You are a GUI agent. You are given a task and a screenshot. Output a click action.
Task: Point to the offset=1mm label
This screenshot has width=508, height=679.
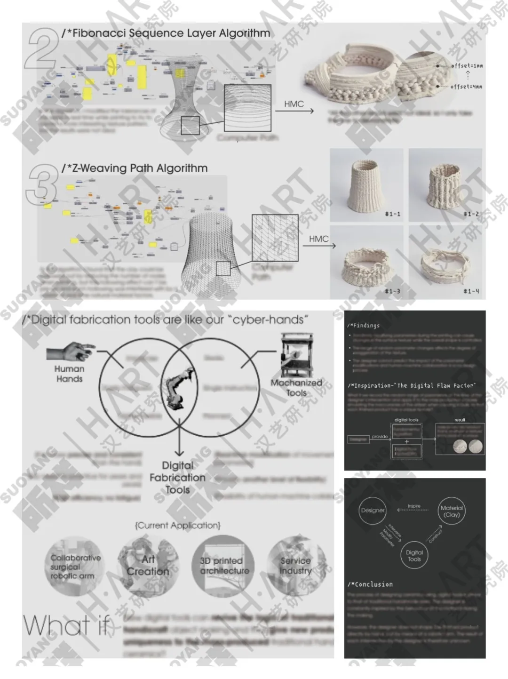[467, 66]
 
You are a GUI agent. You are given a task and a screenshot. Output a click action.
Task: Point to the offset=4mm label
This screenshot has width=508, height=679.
[466, 87]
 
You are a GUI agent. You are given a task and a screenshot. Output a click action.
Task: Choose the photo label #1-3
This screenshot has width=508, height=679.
[392, 291]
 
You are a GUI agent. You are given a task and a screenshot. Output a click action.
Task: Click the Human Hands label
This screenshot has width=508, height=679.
[69, 374]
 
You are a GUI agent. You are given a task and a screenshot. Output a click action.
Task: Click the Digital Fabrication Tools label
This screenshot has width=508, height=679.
[177, 477]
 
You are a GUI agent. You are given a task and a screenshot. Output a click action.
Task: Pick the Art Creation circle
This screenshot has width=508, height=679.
[148, 566]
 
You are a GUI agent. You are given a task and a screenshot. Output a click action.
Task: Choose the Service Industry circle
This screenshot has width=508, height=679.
[295, 566]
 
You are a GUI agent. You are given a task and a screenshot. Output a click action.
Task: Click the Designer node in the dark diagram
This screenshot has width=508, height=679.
[373, 511]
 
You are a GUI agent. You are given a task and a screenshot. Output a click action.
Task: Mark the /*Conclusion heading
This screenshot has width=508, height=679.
[370, 584]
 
